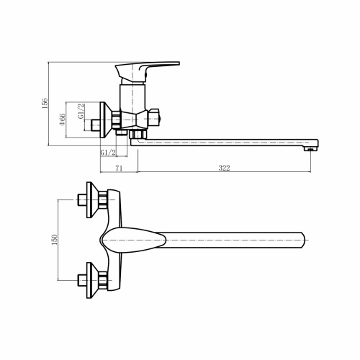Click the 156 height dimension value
click(44, 103)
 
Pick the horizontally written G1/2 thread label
click(108, 152)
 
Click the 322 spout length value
click(223, 168)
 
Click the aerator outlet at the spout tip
click(311, 148)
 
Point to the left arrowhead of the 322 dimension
click(138, 173)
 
